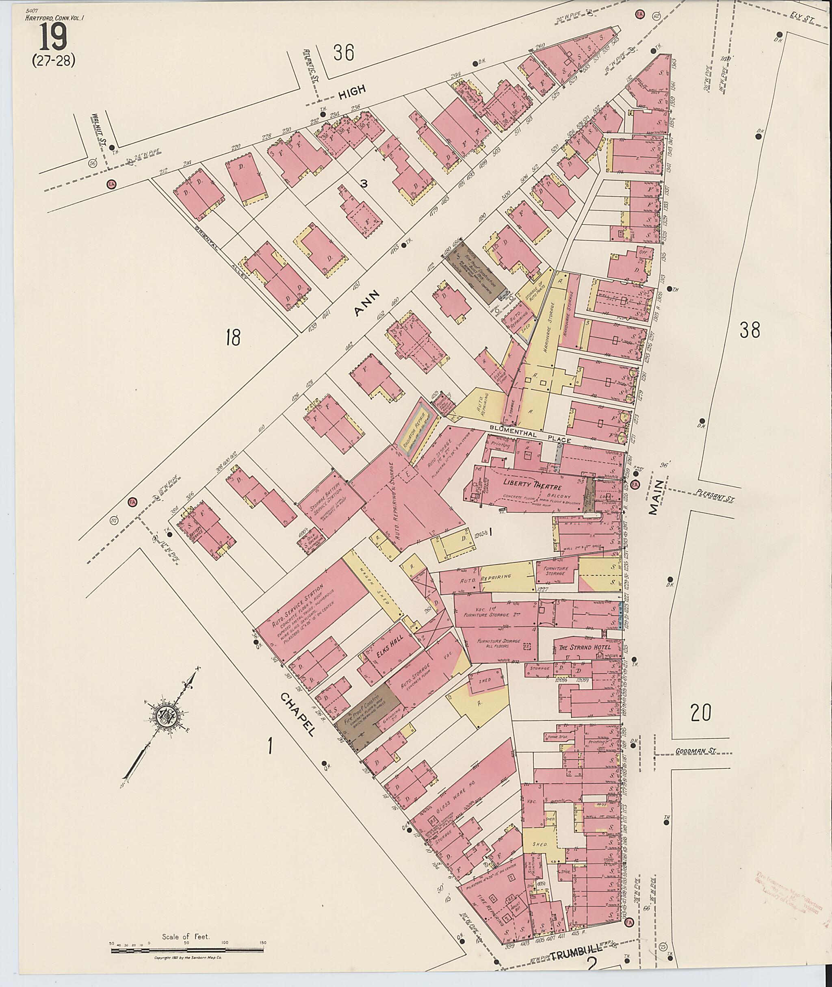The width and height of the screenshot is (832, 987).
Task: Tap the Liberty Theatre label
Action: click(531, 483)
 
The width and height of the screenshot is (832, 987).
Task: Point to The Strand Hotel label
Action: click(585, 647)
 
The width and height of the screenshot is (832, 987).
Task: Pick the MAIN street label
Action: click(656, 497)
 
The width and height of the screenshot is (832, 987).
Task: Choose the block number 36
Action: click(343, 52)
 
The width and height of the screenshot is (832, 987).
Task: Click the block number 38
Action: click(750, 330)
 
